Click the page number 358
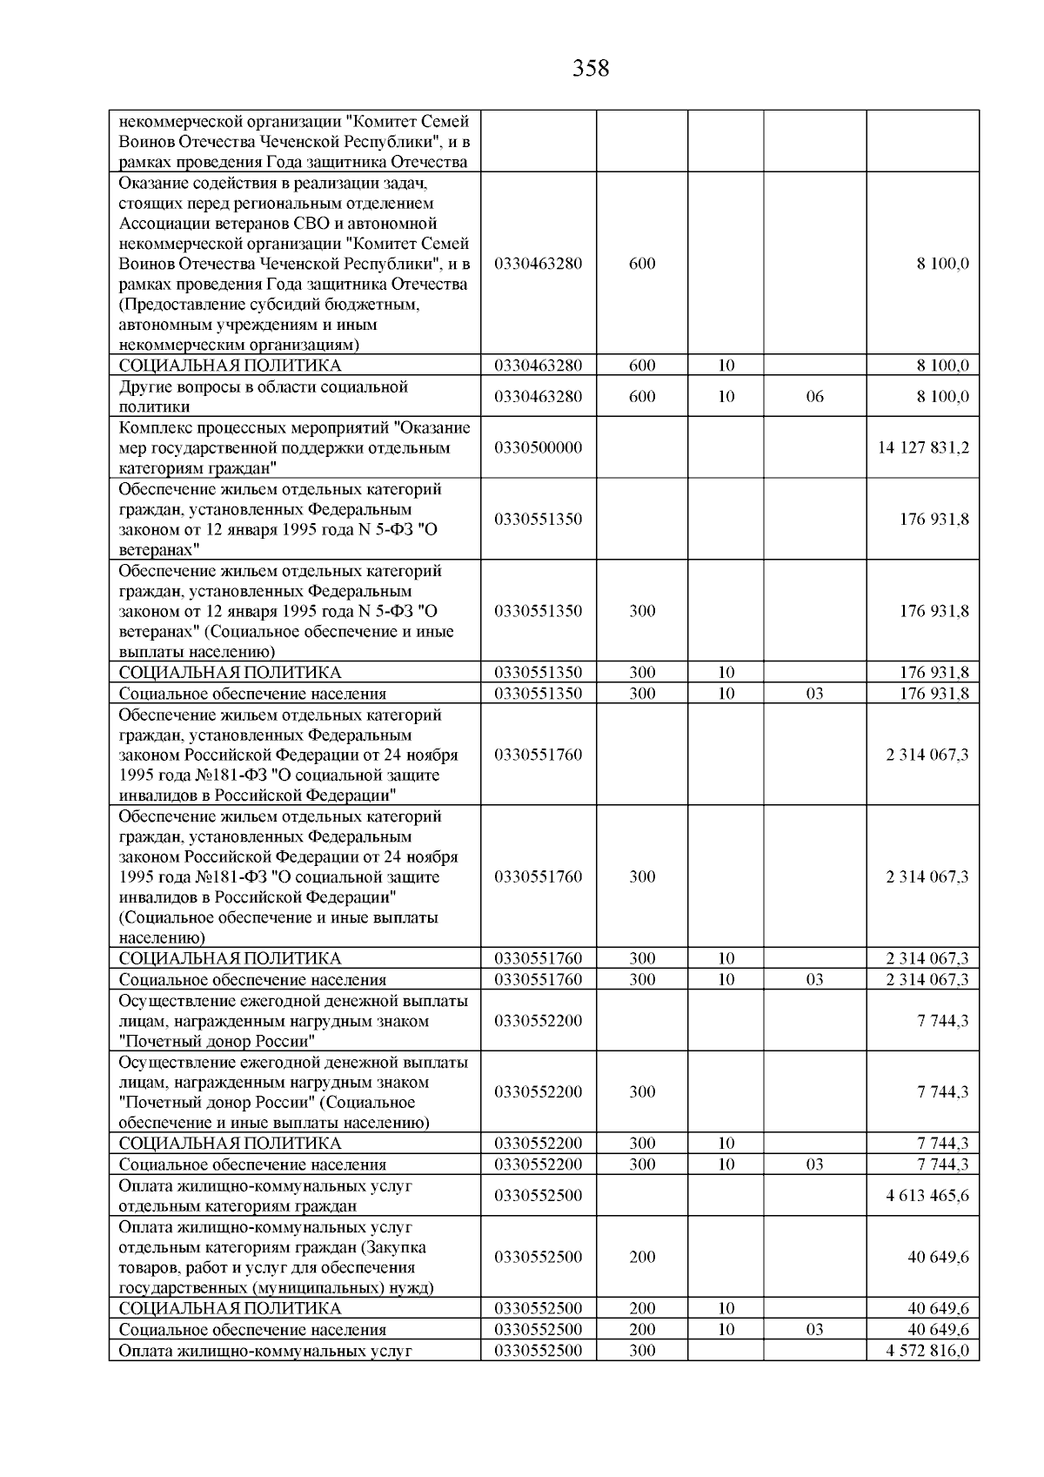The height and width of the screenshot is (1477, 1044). point(591,68)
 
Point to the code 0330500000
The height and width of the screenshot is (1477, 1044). point(539,447)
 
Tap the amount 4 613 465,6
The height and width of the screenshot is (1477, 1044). point(927,1195)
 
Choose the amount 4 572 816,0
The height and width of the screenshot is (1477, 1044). point(927,1351)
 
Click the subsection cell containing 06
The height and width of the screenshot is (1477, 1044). point(814,397)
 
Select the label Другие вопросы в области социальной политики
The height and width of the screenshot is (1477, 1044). point(264,396)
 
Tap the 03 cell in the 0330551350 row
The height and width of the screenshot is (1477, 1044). point(814,694)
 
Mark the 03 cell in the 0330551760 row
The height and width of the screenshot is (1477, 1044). point(814,979)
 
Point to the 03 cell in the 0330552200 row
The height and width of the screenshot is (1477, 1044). point(814,1165)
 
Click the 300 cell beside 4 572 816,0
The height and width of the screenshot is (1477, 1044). point(642,1351)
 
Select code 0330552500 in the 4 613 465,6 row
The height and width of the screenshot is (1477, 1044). point(539,1195)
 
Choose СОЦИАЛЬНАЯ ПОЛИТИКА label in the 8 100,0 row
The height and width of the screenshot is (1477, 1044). point(231,366)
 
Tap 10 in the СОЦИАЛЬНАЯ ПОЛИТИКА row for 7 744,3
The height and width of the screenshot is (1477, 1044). point(726,1144)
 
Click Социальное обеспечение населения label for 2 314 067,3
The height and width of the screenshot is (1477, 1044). point(253,980)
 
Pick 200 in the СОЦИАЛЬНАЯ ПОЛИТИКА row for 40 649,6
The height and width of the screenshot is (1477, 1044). point(642,1308)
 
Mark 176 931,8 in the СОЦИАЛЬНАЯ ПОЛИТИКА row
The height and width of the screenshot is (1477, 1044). point(934,672)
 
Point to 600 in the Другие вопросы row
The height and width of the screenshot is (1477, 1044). point(642,397)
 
